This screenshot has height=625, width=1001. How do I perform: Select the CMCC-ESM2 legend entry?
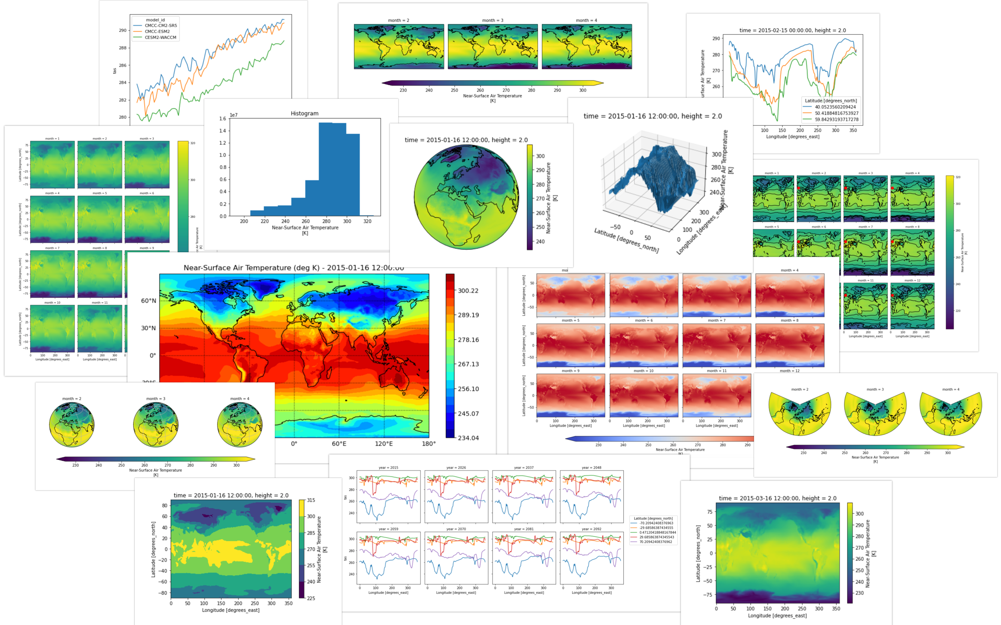tap(157, 31)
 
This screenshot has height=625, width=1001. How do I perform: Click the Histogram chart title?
tap(304, 113)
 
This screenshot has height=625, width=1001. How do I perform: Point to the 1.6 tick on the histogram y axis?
tap(223, 119)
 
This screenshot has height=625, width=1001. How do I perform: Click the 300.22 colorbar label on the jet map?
tap(468, 291)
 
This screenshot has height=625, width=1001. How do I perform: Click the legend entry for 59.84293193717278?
tap(837, 119)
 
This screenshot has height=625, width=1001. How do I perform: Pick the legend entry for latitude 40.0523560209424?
tap(835, 107)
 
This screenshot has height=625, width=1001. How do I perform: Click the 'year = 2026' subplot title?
tap(456, 467)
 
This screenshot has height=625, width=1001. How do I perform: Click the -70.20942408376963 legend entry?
tap(656, 523)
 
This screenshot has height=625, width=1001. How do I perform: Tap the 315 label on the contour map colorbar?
tap(311, 500)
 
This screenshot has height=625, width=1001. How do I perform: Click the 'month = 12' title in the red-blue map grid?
tap(789, 371)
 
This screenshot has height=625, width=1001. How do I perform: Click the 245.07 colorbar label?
tap(468, 413)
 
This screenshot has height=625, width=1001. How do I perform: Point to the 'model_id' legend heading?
tap(155, 20)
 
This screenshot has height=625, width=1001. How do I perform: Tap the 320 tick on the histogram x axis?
tap(367, 221)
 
